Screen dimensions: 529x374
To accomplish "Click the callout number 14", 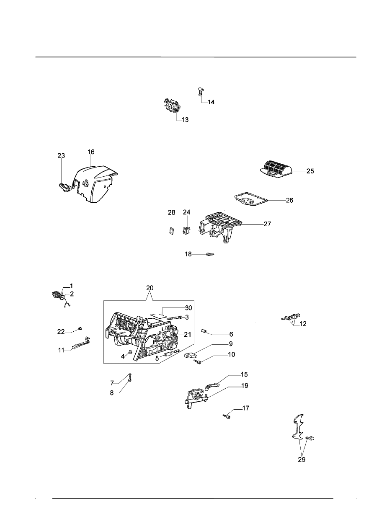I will tap(211, 102).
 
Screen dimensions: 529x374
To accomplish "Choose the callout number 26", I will tap(289, 200).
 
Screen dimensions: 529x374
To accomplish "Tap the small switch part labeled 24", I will tap(187, 229).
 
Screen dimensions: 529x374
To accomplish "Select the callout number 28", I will tap(171, 213).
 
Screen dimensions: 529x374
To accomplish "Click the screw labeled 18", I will tap(210, 254).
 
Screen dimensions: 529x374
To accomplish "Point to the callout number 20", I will tap(150, 288).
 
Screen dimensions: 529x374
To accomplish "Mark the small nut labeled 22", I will tap(80, 328).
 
